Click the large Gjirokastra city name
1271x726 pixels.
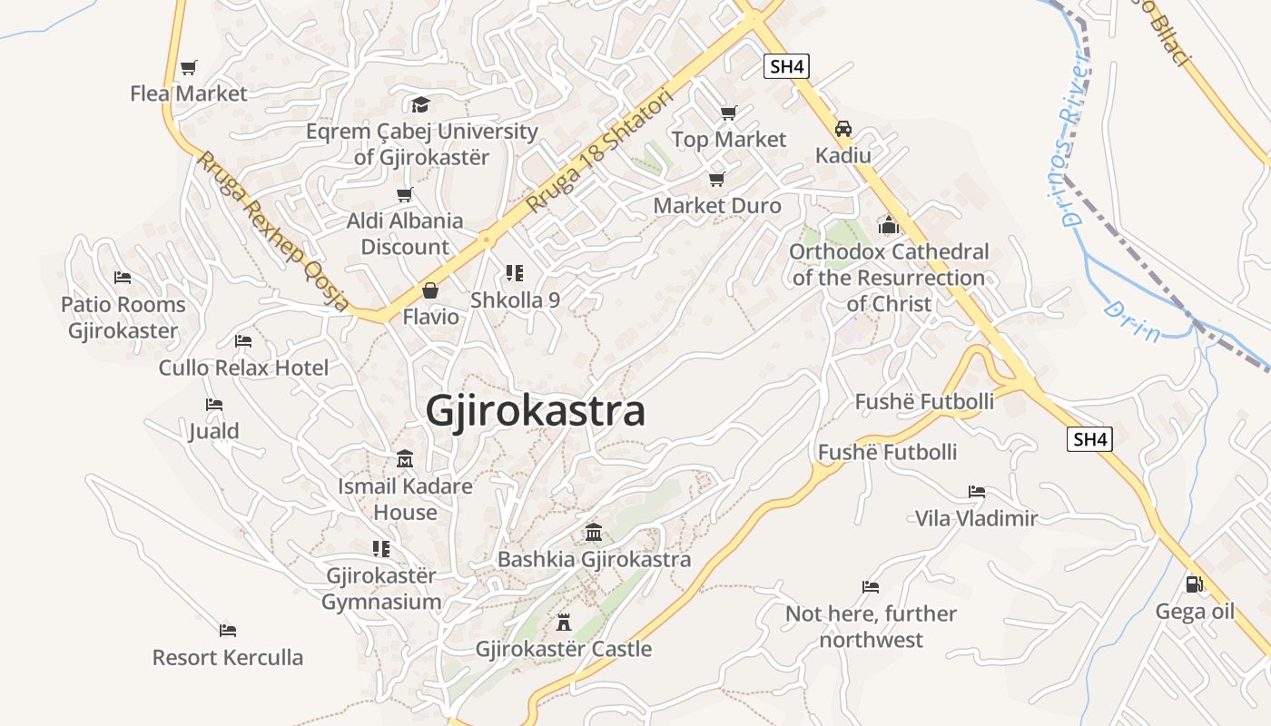(x=535, y=411)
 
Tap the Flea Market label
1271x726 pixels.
(x=188, y=93)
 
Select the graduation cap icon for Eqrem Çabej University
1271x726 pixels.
(x=419, y=104)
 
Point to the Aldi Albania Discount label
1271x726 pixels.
(x=405, y=233)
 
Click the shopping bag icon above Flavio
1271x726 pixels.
(x=430, y=290)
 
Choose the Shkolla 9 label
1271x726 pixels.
(x=515, y=299)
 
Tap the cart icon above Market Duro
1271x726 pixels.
(x=717, y=179)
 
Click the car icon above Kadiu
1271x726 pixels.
(x=843, y=129)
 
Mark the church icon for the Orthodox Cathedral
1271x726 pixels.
(x=888, y=224)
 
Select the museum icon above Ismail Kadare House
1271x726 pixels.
(x=405, y=459)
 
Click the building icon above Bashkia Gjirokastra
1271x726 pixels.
(x=594, y=532)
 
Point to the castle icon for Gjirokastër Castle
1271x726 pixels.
(x=563, y=623)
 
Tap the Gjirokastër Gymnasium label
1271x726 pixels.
(x=381, y=588)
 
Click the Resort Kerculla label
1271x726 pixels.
(x=227, y=657)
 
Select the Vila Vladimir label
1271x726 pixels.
(x=976, y=518)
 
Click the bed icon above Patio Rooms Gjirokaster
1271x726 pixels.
(x=123, y=278)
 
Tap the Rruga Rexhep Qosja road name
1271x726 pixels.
(x=273, y=232)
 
